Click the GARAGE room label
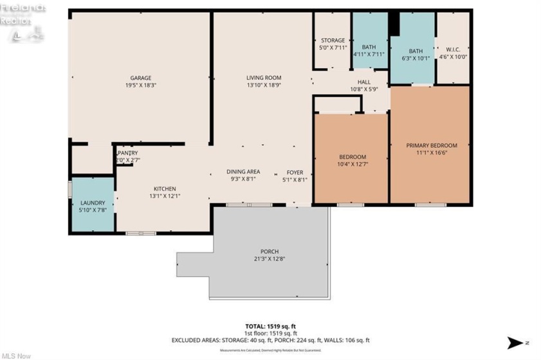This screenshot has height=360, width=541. point(141,78)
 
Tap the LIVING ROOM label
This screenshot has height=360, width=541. point(264,78)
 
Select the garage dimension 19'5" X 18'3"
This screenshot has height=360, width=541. point(141,85)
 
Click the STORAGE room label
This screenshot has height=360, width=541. point(333,40)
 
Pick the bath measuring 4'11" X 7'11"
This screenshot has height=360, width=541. point(369,51)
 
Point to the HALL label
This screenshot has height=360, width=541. point(364,82)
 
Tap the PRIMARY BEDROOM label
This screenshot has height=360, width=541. point(432,145)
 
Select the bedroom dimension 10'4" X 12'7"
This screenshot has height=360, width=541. point(353,165)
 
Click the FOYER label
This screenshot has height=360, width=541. point(295,172)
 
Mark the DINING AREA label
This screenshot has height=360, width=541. point(243,172)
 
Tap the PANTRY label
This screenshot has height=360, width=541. point(127,153)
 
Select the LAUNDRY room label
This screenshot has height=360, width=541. point(92,203)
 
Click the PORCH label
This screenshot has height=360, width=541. point(270,251)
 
